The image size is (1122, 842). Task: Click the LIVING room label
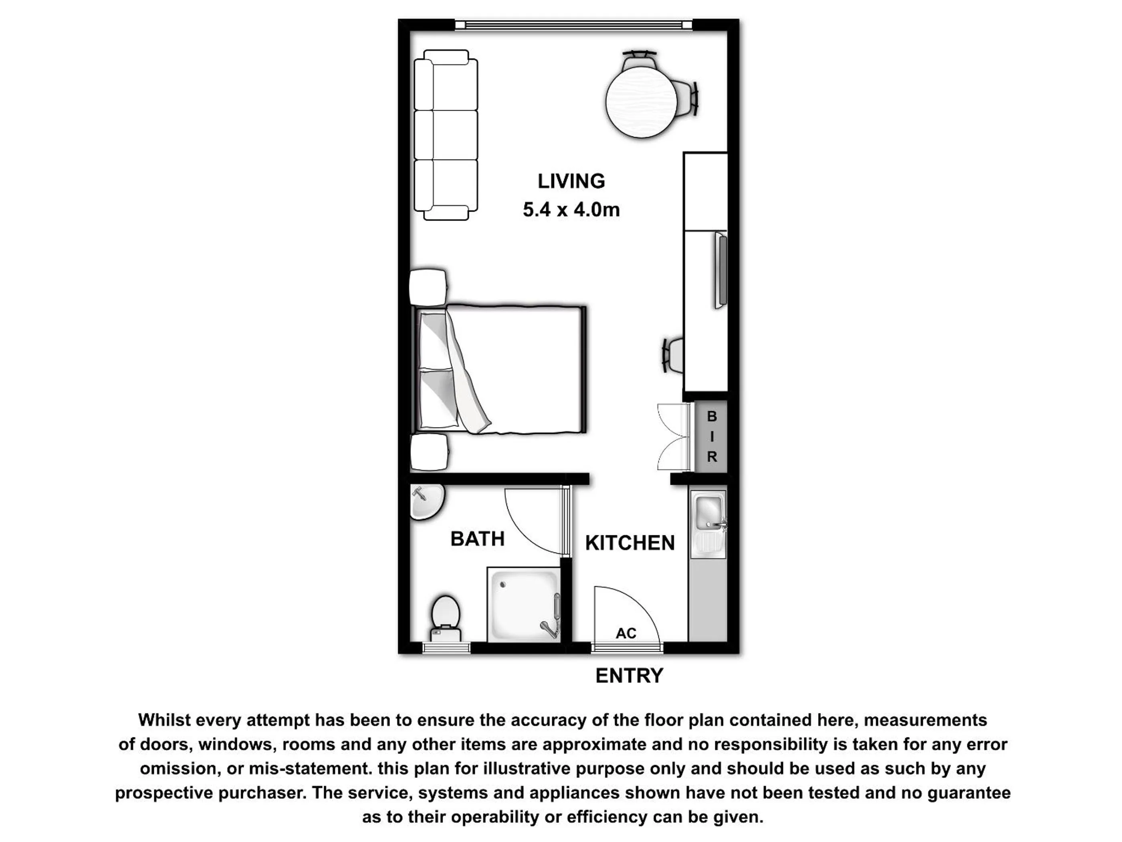571,181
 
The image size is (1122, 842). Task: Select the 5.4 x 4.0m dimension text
571,210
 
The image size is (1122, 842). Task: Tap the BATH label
477,539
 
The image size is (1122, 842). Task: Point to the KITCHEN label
630,543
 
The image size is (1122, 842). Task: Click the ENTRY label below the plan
630,676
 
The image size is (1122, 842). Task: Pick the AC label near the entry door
626,634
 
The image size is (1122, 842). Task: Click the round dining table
642,101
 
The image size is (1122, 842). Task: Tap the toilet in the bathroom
445,619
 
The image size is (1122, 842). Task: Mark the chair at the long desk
672,355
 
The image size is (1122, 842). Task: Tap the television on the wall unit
721,270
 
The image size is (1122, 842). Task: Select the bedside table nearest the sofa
429,288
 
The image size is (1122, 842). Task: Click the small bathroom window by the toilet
446,648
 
